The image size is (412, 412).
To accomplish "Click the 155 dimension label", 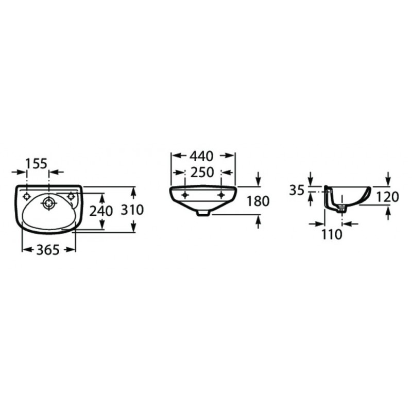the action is tap(36, 164).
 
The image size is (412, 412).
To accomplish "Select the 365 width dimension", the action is tap(48, 250).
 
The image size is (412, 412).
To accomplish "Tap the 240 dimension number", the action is tap(101, 211).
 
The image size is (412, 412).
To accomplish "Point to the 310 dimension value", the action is tap(132, 210).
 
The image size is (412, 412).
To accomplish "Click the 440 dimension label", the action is tap(202, 157).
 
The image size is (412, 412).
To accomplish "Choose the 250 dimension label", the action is tap(202, 173).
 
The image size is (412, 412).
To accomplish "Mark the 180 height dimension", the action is tap(258, 201).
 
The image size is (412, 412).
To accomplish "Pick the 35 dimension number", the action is tap(297, 190).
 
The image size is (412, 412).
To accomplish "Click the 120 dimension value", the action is tap(388, 197).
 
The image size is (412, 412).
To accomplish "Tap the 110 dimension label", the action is tap(332, 234).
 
